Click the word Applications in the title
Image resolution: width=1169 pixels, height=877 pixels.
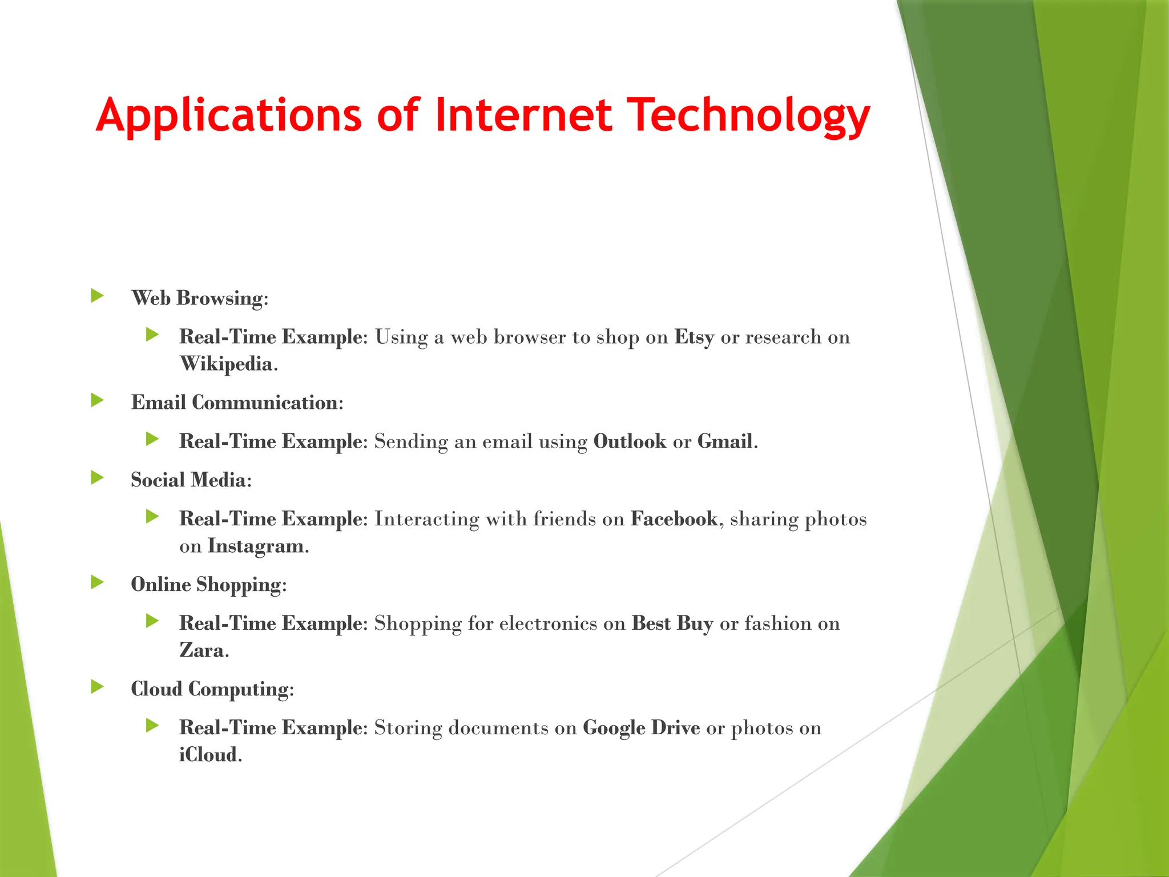228,116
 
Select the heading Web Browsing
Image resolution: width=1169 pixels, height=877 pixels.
199,298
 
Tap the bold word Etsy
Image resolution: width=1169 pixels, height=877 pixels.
694,337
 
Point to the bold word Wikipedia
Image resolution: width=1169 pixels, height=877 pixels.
227,364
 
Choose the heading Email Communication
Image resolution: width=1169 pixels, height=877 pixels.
236,403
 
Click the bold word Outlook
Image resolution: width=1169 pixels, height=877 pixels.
630,441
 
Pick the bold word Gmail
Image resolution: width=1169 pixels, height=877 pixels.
725,441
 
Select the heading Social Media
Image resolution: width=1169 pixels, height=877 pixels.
190,480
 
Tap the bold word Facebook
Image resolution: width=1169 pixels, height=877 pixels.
674,518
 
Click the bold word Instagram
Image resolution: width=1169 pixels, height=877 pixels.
256,546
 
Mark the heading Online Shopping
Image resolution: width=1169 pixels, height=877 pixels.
208,584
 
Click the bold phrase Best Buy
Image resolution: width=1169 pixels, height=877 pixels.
672,623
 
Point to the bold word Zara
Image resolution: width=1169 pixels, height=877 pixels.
201,650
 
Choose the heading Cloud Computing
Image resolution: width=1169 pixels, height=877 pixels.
211,689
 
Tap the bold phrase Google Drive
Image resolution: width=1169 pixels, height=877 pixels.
641,728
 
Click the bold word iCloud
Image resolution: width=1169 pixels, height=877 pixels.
208,755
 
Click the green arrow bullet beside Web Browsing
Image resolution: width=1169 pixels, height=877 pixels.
98,296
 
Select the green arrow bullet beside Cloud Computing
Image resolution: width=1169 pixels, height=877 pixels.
98,687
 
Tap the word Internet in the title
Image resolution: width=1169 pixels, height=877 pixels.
523,116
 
